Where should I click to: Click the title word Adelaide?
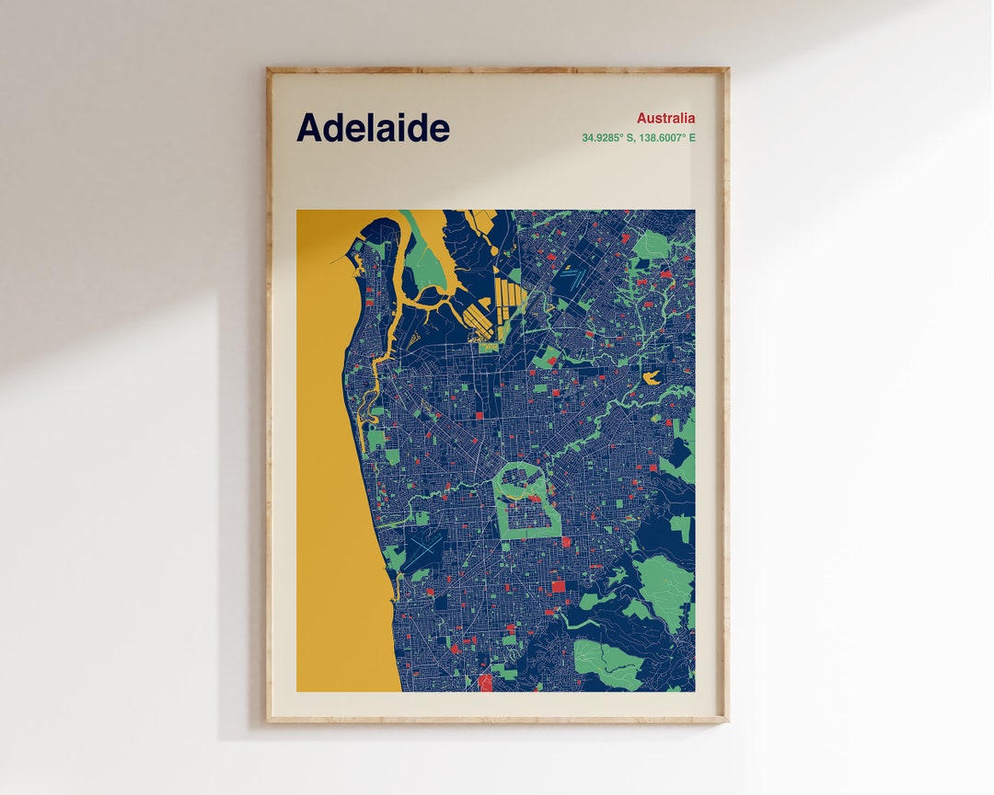click(373, 128)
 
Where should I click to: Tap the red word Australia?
click(665, 118)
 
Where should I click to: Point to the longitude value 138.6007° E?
click(666, 138)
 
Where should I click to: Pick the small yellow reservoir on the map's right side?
click(653, 377)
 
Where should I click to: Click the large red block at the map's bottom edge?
click(485, 682)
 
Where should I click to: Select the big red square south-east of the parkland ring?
click(558, 586)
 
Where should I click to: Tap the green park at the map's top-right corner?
click(652, 245)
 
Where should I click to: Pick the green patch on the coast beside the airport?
click(394, 557)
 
